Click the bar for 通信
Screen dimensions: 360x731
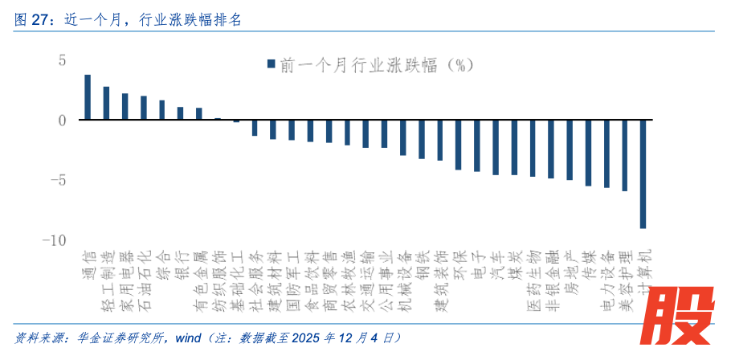(x=88, y=97)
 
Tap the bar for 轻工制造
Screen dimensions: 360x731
(x=106, y=103)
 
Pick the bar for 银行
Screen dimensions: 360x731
(x=180, y=113)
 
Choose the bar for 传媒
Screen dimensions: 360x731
(x=588, y=153)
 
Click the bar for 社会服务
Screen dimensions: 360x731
(x=255, y=128)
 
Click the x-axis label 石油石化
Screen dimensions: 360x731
(x=144, y=281)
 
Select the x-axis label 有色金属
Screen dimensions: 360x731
(x=199, y=281)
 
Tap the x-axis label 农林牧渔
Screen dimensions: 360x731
(x=347, y=281)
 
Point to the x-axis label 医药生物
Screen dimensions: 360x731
(x=533, y=281)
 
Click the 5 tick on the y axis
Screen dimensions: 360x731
(x=60, y=60)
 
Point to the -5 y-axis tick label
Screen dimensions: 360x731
(x=58, y=180)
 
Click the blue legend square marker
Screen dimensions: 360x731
(x=271, y=63)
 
